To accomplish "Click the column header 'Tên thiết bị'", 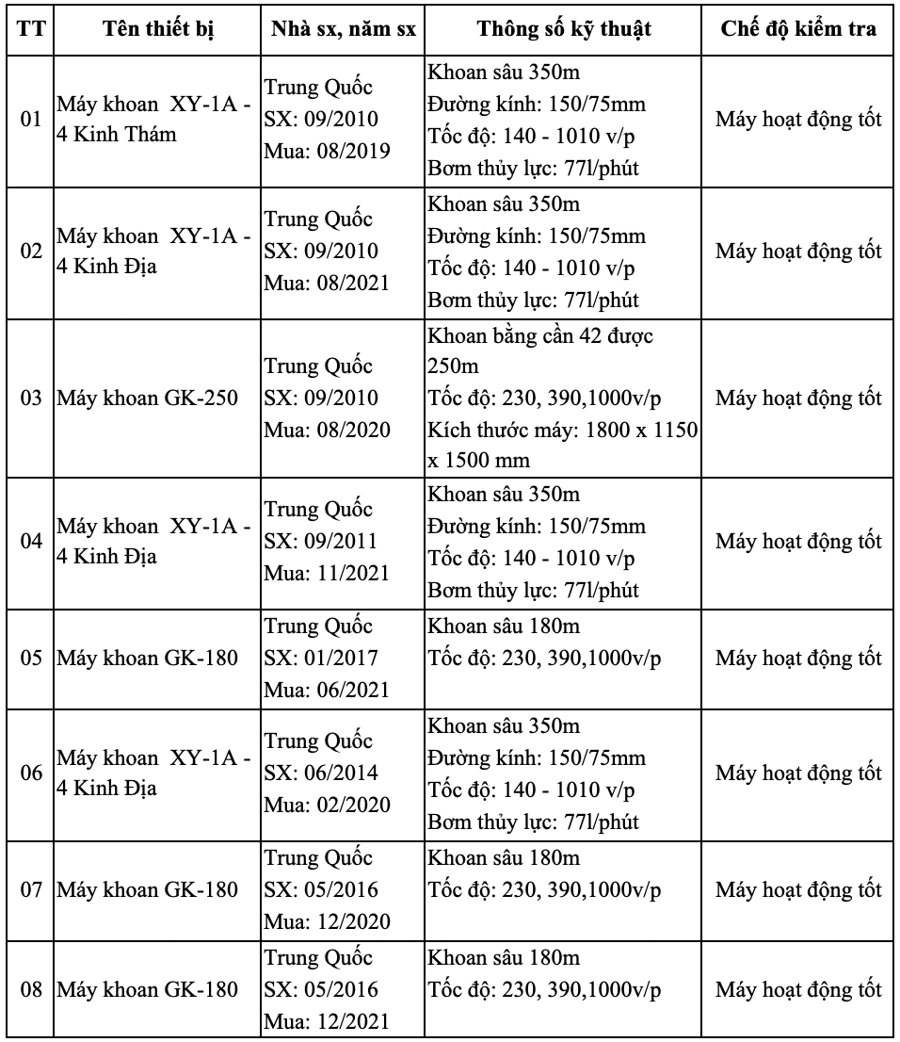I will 156,29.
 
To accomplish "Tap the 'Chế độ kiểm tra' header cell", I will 798,29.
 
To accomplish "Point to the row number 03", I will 31,399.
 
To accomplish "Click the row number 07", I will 31,889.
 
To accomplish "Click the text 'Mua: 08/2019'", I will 328,151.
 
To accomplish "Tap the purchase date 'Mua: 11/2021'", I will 328,573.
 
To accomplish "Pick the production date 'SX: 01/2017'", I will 321,658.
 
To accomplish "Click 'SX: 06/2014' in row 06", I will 321,773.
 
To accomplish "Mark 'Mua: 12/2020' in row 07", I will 328,921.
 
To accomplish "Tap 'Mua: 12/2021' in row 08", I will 328,1021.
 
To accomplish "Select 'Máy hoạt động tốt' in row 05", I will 798,658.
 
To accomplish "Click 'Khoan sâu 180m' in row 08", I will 504,959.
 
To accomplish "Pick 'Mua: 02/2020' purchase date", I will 328,805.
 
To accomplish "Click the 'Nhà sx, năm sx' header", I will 343,29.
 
